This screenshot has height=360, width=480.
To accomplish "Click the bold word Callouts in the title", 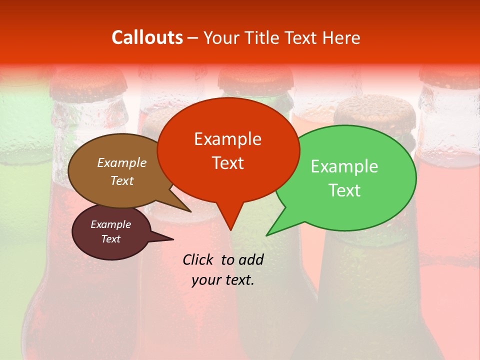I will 147,37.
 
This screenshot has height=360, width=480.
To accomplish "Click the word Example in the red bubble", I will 227,139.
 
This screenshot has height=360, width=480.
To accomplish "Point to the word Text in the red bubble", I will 227,163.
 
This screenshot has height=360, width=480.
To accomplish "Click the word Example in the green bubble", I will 344,166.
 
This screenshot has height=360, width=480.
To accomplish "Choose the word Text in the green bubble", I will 344,190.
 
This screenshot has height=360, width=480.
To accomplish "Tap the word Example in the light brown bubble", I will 122,163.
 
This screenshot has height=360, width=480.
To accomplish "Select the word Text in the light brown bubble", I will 122,180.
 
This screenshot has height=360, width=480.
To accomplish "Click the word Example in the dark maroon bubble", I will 110,224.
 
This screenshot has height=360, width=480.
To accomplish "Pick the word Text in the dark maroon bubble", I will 110,239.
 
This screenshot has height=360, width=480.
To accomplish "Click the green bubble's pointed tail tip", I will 267,235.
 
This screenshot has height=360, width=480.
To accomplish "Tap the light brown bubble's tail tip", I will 190,211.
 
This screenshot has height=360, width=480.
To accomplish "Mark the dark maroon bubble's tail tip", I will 173,239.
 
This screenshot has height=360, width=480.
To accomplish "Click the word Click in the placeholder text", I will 198,259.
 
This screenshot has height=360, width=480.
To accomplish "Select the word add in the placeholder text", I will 250,259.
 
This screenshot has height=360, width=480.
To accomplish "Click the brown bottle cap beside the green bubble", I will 375,112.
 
